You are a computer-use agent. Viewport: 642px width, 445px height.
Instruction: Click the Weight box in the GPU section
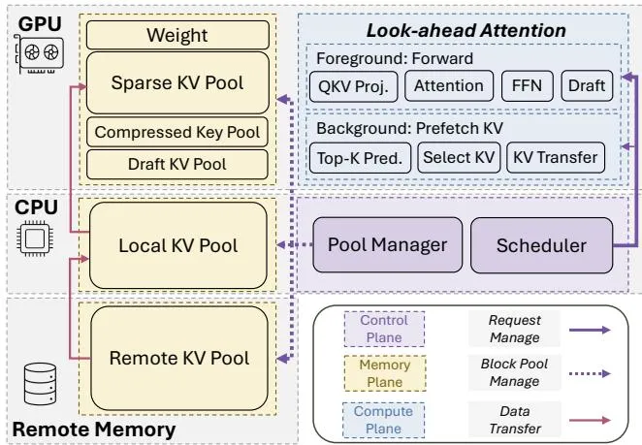[x=178, y=35]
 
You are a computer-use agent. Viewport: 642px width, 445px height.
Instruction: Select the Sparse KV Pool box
[x=178, y=82]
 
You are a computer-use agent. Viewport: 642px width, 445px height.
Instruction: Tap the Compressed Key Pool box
[x=177, y=132]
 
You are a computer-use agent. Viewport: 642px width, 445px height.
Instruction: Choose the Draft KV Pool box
[x=177, y=164]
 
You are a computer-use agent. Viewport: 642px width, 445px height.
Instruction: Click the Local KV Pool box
[x=178, y=245]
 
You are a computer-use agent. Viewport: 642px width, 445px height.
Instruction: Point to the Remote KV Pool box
[x=179, y=358]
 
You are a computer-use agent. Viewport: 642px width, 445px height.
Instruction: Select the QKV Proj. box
[x=353, y=86]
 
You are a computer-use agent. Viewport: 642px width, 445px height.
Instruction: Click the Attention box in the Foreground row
[x=449, y=85]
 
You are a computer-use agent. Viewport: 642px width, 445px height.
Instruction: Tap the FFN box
[x=528, y=85]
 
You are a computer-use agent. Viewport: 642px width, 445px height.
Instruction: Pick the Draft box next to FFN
[x=587, y=85]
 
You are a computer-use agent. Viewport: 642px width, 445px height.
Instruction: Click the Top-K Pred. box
[x=360, y=158]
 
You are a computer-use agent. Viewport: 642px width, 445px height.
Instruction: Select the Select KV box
[x=459, y=158]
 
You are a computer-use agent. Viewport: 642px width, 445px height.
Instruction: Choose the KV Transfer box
[x=556, y=158]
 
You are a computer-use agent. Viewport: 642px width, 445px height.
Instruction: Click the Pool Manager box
[x=387, y=245]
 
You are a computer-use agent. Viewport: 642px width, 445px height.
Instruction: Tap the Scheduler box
[x=542, y=245]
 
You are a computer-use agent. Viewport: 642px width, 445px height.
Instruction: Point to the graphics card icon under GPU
[x=40, y=54]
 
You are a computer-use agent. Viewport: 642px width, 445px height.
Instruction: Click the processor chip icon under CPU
[x=35, y=238]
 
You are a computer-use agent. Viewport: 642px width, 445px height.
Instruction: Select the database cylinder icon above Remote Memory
[x=40, y=384]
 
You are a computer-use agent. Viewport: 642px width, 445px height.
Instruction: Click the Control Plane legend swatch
[x=384, y=329]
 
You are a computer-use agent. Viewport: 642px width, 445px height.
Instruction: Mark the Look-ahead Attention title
[x=465, y=30]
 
